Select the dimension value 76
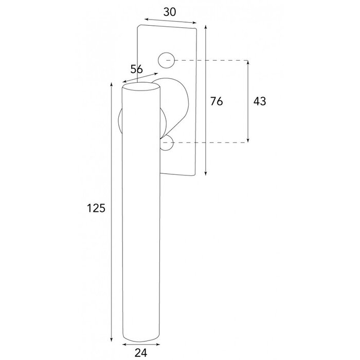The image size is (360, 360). (217, 101)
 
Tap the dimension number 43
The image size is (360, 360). (260, 101)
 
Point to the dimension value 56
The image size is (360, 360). (136, 69)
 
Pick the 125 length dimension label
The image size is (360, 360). (96, 208)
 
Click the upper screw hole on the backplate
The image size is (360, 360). (167, 60)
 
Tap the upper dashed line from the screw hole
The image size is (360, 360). (211, 60)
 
